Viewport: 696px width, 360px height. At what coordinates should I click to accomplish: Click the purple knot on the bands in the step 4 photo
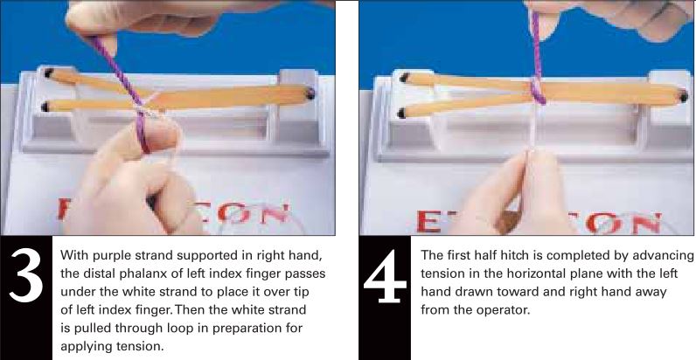click(539, 90)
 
